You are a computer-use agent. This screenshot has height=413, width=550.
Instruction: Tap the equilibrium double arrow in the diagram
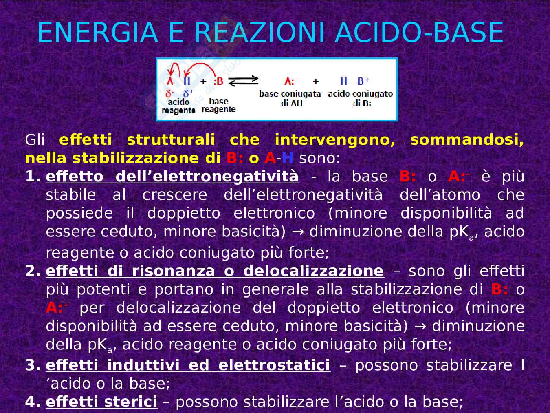(244, 81)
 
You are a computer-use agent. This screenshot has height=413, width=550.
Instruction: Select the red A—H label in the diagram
(178, 81)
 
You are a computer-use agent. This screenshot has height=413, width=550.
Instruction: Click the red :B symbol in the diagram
(218, 81)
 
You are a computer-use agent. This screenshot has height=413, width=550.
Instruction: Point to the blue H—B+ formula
(354, 81)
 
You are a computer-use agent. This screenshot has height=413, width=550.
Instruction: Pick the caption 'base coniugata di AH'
(290, 98)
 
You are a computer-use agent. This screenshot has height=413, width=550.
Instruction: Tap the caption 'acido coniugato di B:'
(361, 98)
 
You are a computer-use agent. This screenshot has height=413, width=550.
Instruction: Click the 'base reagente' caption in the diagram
(218, 105)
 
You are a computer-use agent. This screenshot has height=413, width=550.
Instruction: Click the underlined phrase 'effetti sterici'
(101, 402)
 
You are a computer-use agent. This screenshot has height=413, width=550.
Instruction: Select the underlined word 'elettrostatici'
(274, 365)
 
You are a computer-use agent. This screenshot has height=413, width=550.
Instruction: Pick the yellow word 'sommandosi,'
(467, 140)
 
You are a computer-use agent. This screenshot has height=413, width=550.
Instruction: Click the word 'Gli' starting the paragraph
(35, 140)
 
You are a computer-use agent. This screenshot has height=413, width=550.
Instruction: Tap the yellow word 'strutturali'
(171, 140)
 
